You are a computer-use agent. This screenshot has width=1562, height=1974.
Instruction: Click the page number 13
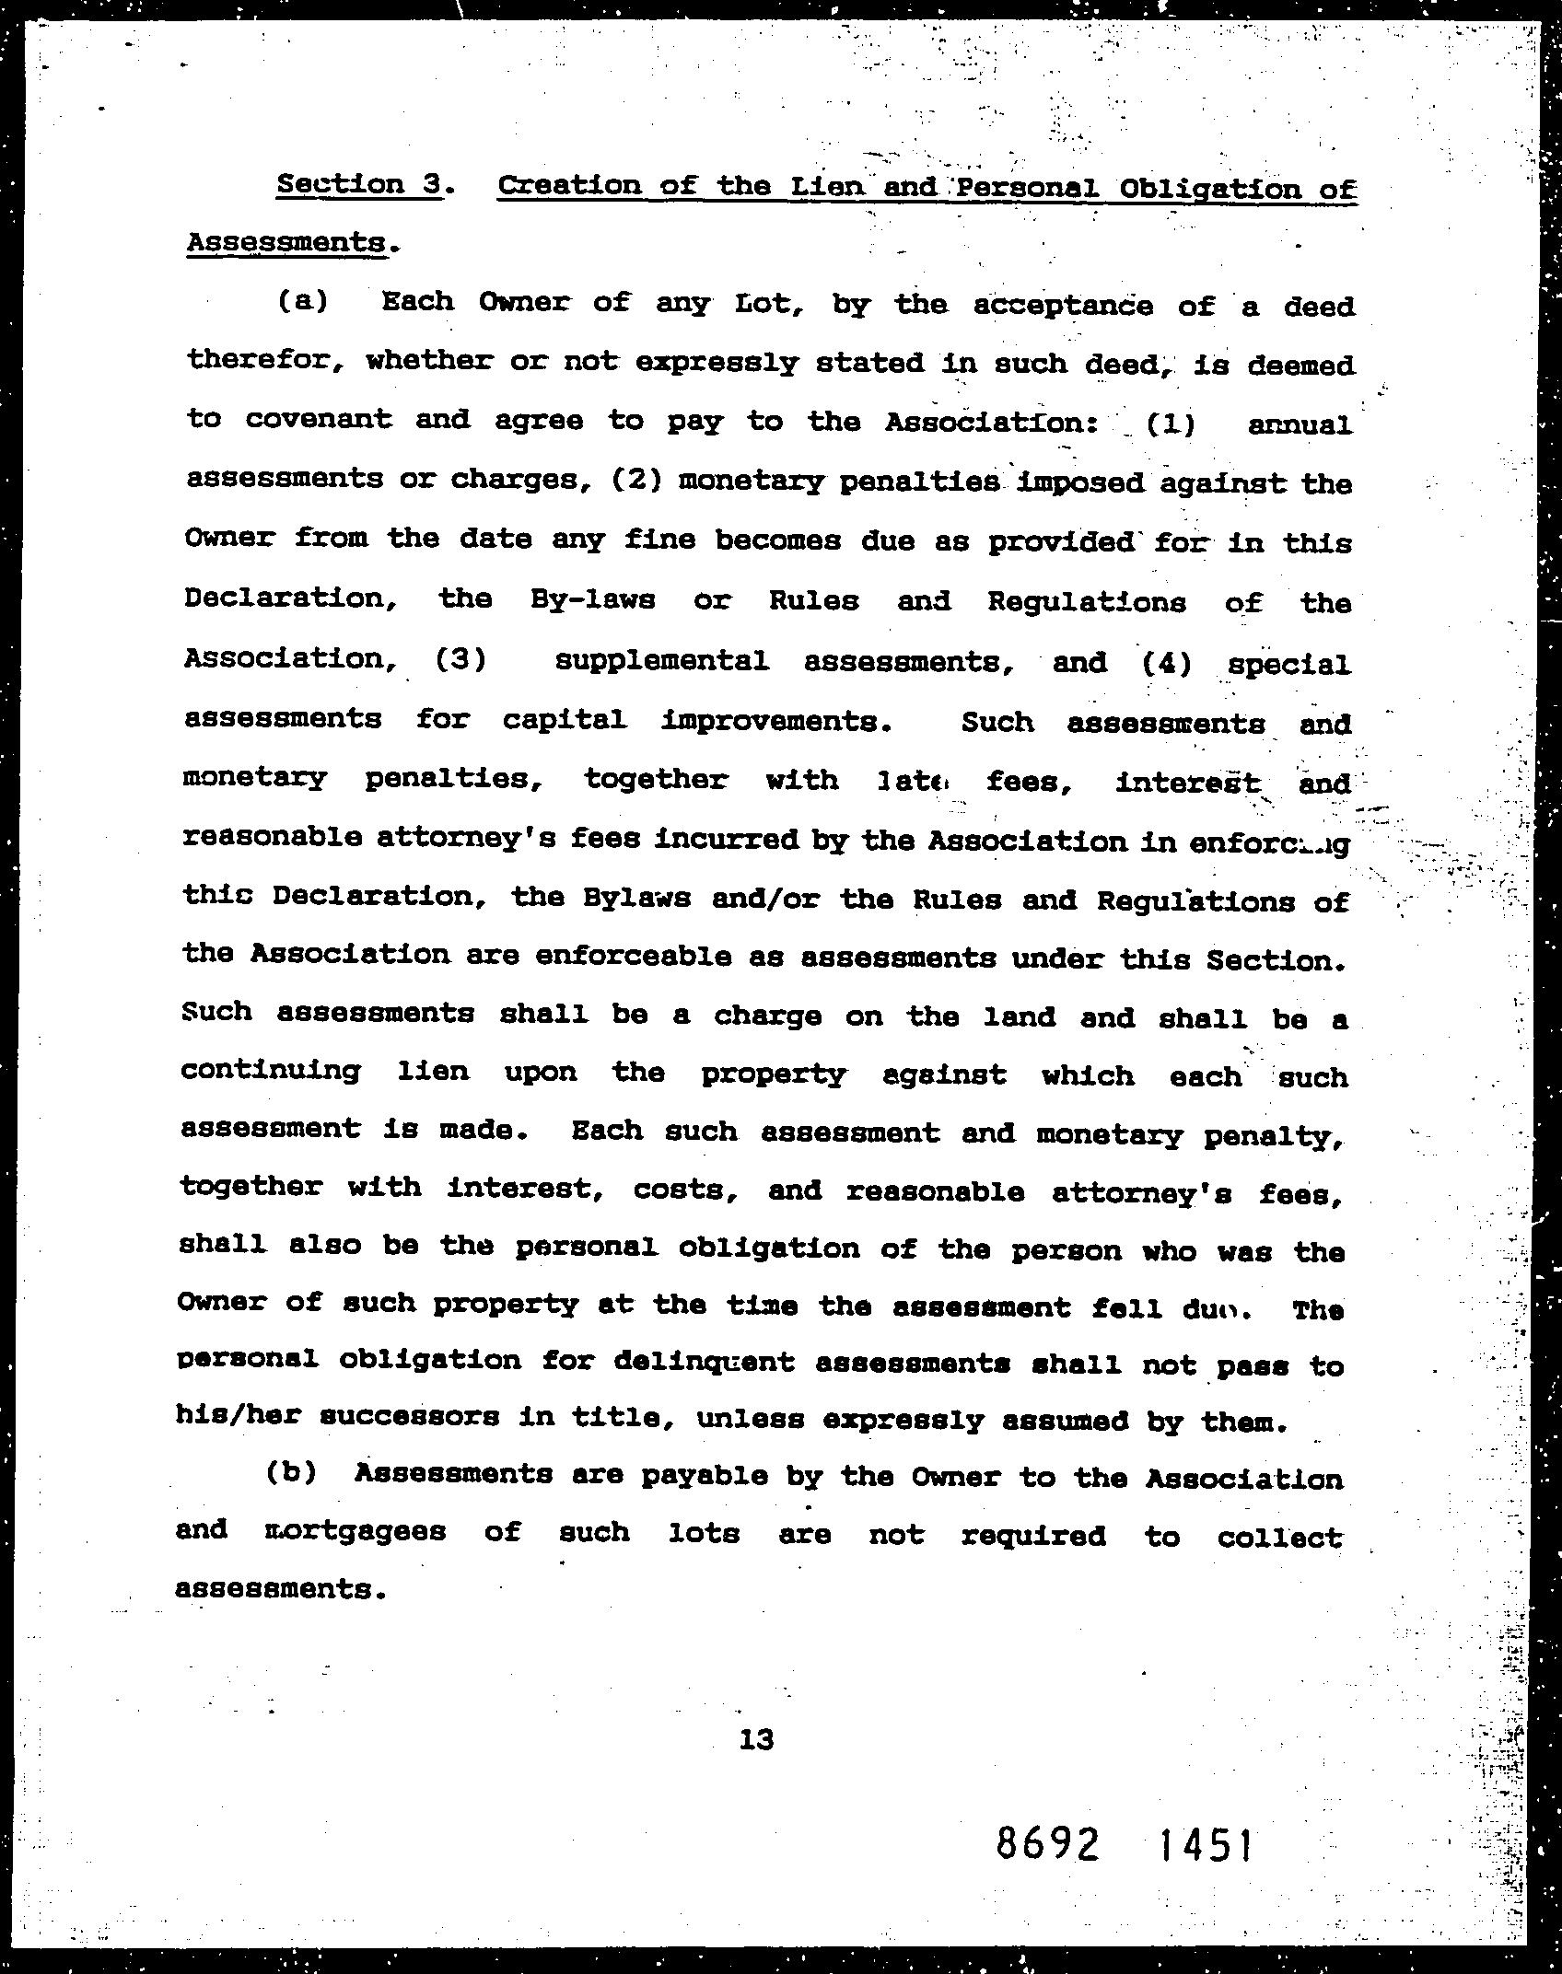(755, 1739)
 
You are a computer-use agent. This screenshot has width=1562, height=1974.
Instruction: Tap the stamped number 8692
(1048, 1844)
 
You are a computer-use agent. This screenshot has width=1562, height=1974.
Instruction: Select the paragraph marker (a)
(303, 302)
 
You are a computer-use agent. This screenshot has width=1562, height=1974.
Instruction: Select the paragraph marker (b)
(292, 1472)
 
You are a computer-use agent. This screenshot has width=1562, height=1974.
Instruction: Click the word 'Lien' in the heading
(826, 187)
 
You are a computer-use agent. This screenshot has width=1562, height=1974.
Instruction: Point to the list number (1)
(1171, 424)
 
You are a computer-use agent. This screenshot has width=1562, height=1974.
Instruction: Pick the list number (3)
(460, 660)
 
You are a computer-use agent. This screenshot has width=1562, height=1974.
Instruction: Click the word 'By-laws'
(593, 599)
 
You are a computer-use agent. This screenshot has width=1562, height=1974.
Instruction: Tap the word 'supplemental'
(661, 661)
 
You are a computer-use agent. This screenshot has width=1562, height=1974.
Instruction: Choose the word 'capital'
(565, 719)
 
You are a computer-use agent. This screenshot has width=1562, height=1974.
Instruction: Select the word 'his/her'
(235, 1415)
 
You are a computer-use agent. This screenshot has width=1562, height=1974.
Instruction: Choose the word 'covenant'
(318, 419)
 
